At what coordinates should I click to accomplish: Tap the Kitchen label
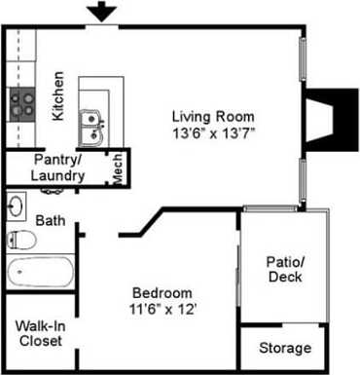(x=57, y=95)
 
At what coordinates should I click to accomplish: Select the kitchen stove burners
(x=22, y=102)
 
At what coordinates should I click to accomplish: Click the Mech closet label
(x=117, y=169)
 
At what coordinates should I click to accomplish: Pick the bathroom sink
(x=18, y=206)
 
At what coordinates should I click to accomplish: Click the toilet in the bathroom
(x=21, y=240)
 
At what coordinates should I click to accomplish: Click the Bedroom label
(x=162, y=292)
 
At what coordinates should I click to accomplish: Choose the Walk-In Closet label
(x=40, y=334)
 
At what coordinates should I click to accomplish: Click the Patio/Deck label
(x=284, y=269)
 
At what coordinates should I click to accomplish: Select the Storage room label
(x=285, y=348)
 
